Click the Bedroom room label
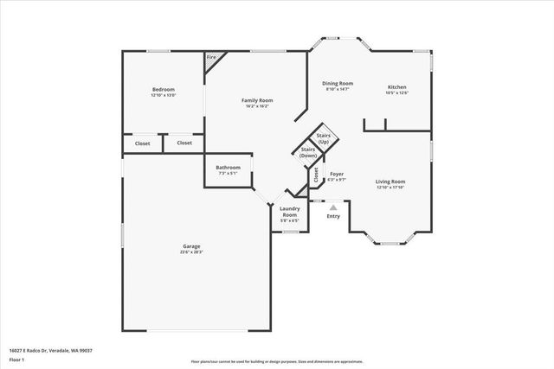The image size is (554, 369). tap(164, 90)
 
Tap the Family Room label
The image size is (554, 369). tap(257, 100)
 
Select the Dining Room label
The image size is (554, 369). tap(339, 83)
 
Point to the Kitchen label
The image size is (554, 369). tap(396, 87)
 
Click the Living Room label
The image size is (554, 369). tap(390, 181)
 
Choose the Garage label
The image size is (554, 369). tap(191, 246)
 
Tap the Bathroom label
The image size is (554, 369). tap(228, 167)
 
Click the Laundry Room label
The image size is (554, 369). tap(289, 212)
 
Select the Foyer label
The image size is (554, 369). tap(337, 174)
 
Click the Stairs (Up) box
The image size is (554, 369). tap(324, 137)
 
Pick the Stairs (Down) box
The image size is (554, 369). tap(308, 152)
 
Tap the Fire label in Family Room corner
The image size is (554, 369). tap(212, 59)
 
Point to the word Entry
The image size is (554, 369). tap(333, 216)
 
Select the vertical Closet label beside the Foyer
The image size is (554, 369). tap(316, 175)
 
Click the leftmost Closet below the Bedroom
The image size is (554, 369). tap(142, 143)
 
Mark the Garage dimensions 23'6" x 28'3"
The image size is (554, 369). tap(191, 252)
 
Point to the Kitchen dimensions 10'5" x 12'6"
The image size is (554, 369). tap(396, 93)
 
